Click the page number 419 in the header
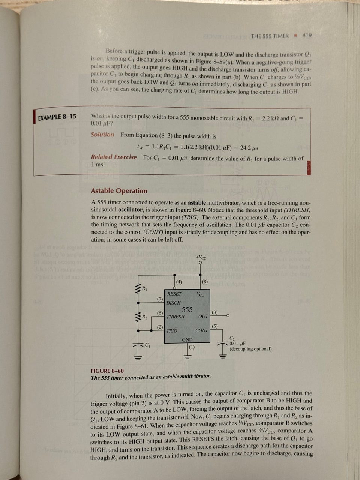307,36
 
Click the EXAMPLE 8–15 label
57,117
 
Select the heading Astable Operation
119,191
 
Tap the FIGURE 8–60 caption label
107,371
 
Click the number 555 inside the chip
187,309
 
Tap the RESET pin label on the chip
174,294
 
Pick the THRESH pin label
175,317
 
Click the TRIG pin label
172,331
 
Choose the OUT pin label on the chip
203,316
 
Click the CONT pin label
202,330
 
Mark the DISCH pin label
173,303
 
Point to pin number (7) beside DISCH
160,299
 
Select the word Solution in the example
102,135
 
